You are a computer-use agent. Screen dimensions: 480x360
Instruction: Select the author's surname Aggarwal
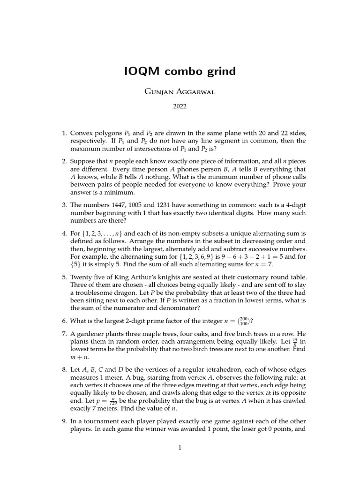pos(195,92)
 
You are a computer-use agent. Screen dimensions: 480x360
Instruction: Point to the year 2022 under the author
pos(180,107)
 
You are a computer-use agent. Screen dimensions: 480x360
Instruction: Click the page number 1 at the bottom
pos(180,448)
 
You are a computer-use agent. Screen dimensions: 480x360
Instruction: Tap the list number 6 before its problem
pos(64,321)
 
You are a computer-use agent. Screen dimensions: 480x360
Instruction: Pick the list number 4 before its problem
pos(64,233)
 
